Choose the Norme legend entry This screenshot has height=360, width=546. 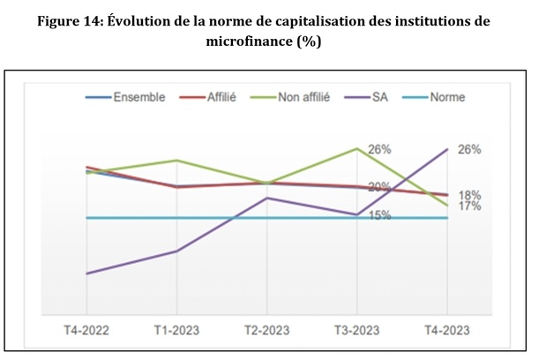(x=446, y=97)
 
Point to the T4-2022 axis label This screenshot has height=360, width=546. (x=86, y=330)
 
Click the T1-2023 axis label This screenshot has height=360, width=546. (x=176, y=330)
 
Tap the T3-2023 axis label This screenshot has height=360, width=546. (x=356, y=330)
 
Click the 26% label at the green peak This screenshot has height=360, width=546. (x=380, y=149)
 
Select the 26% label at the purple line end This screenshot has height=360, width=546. (x=469, y=149)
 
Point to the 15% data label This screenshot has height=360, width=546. (x=380, y=214)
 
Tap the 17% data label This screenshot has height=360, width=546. (x=469, y=206)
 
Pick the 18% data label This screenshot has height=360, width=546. (x=469, y=194)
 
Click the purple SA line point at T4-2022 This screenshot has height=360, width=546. (x=86, y=274)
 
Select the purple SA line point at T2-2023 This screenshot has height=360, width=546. (x=266, y=198)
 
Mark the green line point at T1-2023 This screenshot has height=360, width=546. (x=176, y=161)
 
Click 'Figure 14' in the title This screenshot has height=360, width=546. (x=72, y=21)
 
